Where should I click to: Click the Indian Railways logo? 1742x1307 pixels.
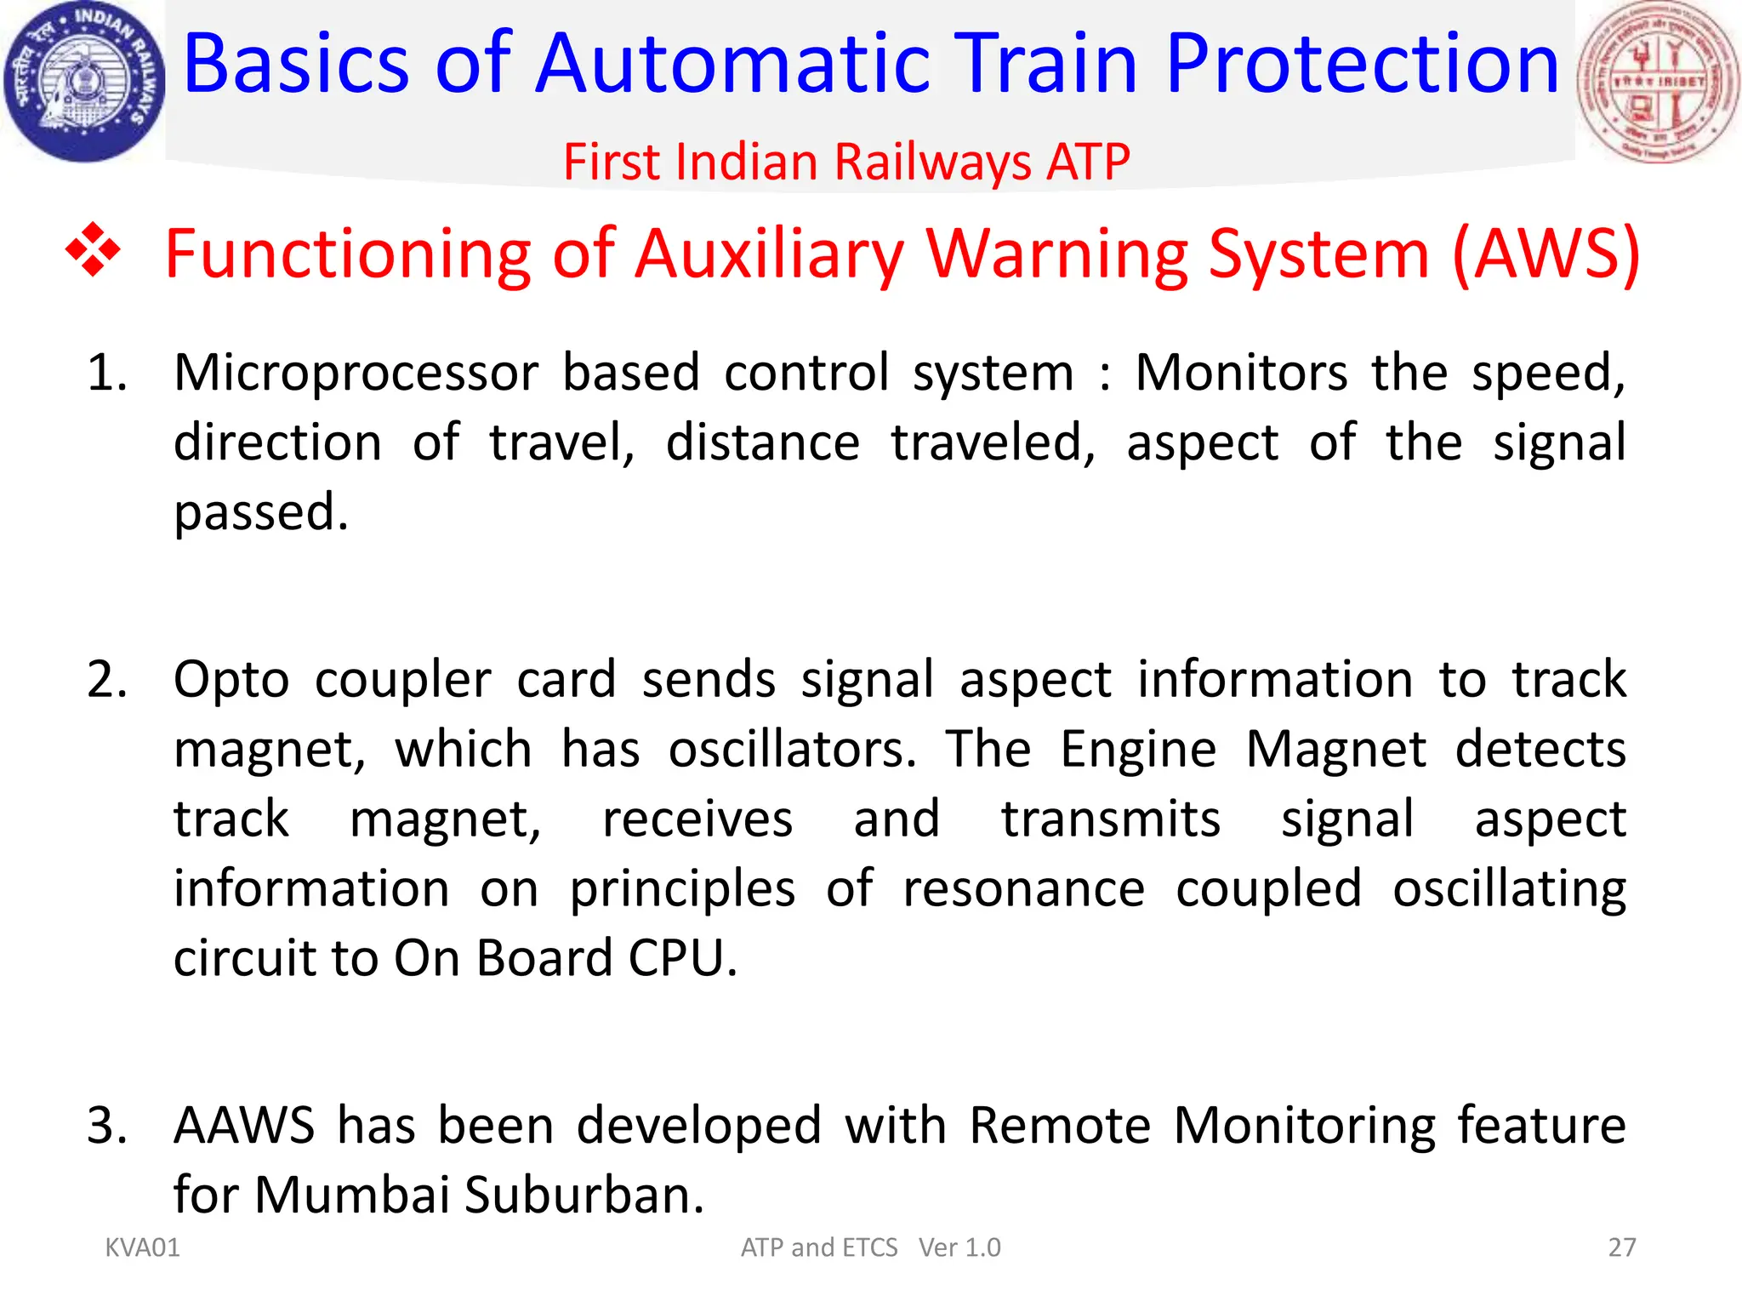(x=83, y=82)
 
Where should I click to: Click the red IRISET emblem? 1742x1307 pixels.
(x=1658, y=82)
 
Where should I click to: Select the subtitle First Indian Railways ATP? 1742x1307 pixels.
(x=846, y=162)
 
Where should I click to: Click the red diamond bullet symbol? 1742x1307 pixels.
(x=94, y=251)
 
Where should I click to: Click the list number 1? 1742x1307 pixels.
(x=107, y=373)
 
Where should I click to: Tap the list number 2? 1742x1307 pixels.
(x=107, y=680)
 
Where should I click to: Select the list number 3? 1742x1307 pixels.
(x=107, y=1125)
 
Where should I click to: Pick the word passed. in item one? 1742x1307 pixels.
(x=261, y=512)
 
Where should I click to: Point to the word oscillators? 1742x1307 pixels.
(x=792, y=750)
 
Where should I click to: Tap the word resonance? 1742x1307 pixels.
(x=1023, y=889)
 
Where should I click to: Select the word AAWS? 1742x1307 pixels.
(x=244, y=1125)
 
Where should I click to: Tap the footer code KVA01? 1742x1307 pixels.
(x=142, y=1247)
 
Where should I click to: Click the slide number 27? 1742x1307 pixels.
(x=1621, y=1247)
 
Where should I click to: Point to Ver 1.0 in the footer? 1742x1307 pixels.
(x=959, y=1247)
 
